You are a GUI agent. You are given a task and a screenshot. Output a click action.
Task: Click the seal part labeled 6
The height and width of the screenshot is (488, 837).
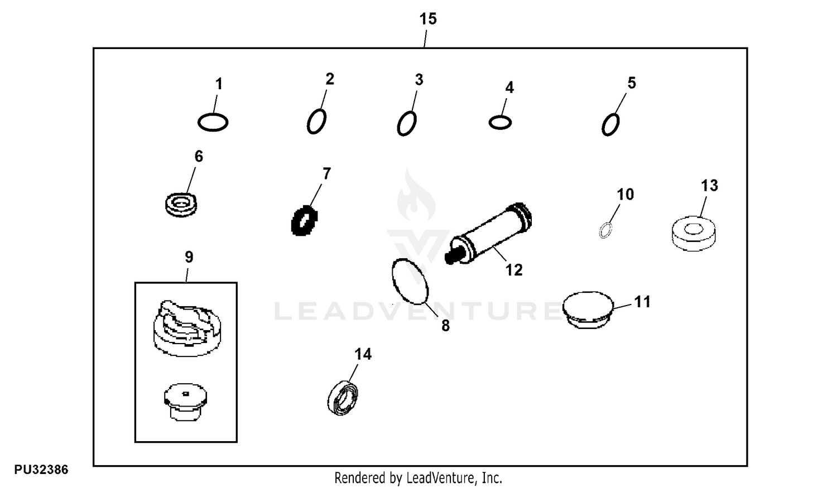click(x=181, y=205)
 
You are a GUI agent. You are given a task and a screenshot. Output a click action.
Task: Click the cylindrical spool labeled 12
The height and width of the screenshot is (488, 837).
click(x=488, y=233)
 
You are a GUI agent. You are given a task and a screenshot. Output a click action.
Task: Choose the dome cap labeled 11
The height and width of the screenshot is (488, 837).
click(x=588, y=310)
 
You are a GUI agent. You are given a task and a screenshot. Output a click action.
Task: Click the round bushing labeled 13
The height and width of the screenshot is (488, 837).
click(x=694, y=234)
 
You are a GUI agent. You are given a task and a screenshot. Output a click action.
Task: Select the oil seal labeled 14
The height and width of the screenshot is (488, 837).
click(x=343, y=398)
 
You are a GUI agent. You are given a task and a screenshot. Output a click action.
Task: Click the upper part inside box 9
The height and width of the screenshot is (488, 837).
click(x=187, y=328)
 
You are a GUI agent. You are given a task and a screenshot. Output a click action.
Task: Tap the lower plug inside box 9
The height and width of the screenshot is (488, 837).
click(x=186, y=402)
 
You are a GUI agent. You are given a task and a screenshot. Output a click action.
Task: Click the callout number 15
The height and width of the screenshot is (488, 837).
click(x=428, y=18)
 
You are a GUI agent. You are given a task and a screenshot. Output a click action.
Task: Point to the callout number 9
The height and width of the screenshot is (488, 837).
click(x=189, y=257)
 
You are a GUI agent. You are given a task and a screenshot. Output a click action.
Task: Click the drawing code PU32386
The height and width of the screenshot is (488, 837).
click(x=41, y=470)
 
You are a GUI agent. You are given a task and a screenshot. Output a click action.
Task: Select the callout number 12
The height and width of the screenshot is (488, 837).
click(x=514, y=270)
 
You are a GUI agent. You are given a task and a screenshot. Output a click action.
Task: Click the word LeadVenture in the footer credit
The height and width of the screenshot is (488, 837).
click(x=441, y=478)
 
